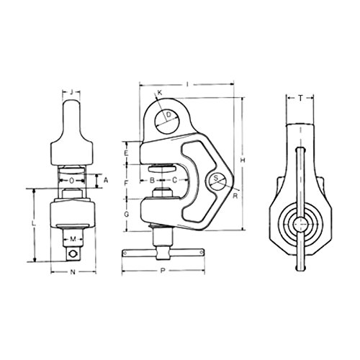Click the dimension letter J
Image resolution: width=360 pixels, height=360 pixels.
71,92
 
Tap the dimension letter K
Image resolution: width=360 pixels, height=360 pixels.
160,93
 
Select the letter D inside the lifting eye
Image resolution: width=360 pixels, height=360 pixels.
169,115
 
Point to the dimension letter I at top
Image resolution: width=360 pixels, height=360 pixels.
187,84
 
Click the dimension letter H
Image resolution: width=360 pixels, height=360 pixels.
243,160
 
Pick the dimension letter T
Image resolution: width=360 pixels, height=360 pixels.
300,98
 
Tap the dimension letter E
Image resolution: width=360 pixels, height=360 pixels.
127,153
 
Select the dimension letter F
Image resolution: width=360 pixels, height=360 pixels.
127,184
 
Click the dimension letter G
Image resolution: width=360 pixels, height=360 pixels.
127,214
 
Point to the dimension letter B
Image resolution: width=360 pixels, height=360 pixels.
152,180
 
